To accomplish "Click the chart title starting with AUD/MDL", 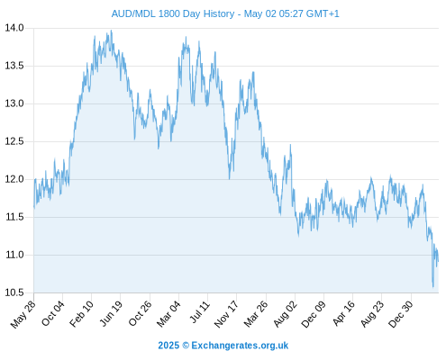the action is coord(225,13).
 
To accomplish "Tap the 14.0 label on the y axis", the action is coord(14,28).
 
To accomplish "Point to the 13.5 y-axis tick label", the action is coord(14,66).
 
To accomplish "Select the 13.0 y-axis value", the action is coord(14,103).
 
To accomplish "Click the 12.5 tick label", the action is coord(14,141).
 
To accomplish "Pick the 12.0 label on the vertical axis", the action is coord(14,179).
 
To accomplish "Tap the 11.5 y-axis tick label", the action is coord(14,217).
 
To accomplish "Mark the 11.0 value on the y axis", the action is coord(14,255).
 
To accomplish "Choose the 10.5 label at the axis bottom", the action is coord(14,292).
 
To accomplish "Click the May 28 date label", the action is coord(23,314).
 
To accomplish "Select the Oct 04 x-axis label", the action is coord(53,313).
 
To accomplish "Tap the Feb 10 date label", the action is coord(81,314).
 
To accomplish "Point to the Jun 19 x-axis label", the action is coord(111,313).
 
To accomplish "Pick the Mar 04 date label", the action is coord(168,314).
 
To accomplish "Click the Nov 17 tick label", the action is coord(226,314).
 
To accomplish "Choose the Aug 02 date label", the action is coord(285,314).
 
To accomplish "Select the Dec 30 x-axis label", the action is coord(401,314).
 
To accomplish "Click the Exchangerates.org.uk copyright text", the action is coord(223,346).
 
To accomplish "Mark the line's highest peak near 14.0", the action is coord(112,31).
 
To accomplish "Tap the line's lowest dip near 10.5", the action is coord(433,287).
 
